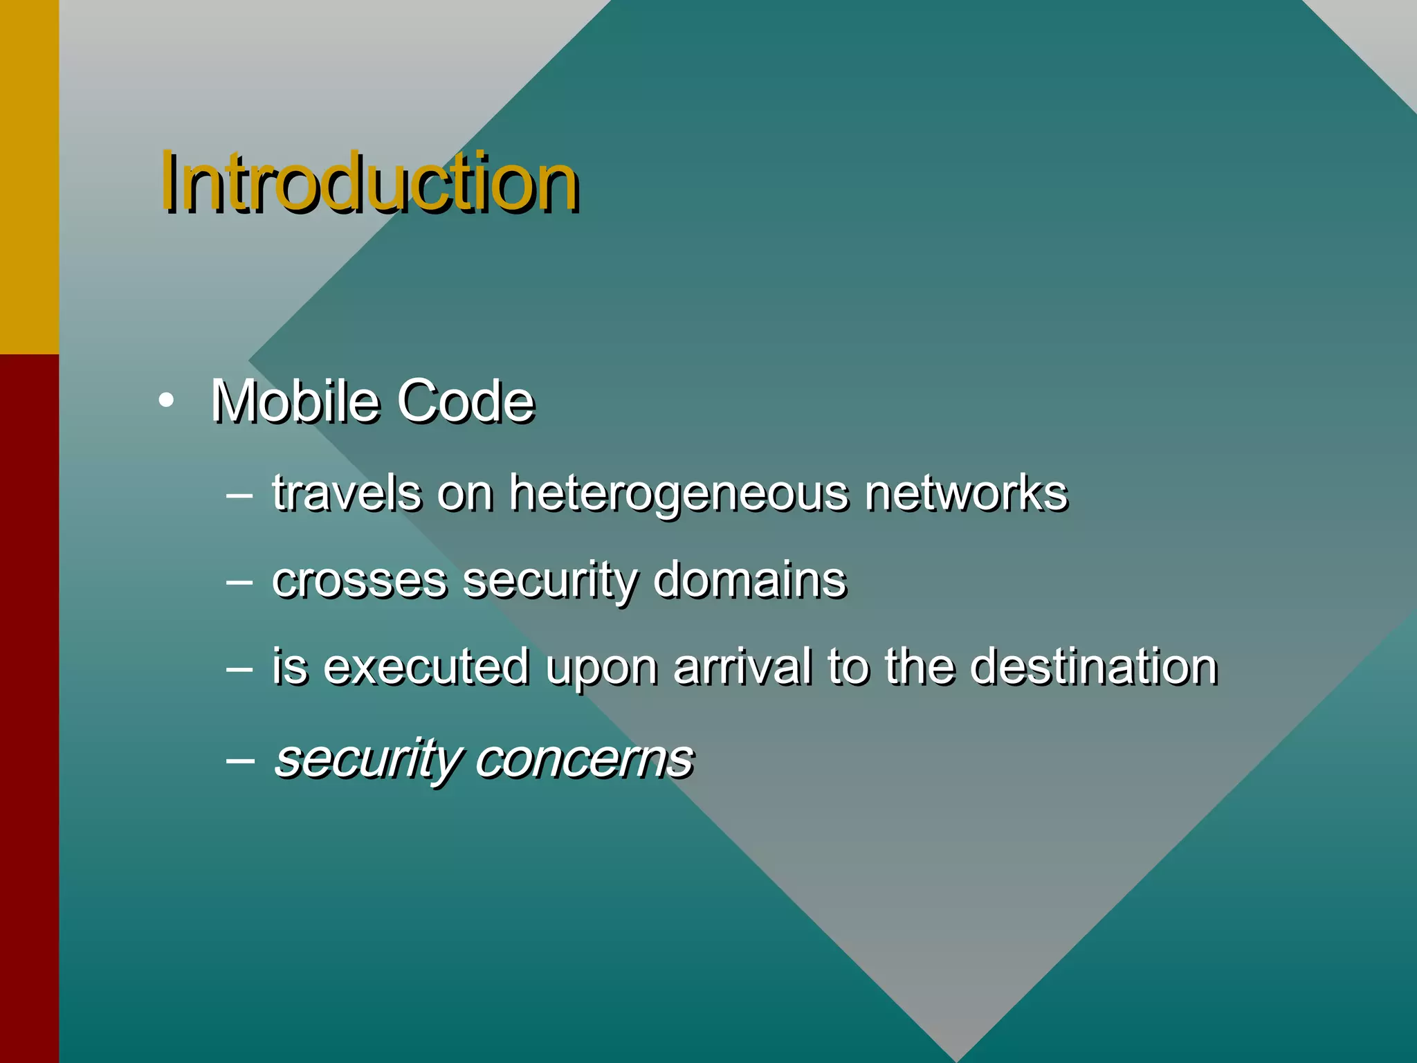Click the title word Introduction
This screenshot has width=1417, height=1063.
369,183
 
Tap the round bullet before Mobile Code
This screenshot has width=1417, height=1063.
165,401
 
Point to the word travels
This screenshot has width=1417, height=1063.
346,493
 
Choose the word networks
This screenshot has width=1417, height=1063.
966,493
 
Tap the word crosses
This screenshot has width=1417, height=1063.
359,580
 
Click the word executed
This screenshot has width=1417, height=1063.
426,666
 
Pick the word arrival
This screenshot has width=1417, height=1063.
742,666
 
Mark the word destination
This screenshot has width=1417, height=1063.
1093,666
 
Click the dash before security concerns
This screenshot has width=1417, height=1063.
239,759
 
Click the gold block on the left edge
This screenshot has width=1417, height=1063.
29,176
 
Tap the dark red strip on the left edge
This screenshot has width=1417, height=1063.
29,706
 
